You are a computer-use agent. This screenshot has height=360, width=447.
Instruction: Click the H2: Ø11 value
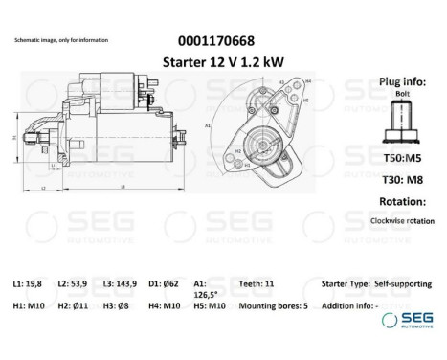tap(73, 305)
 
